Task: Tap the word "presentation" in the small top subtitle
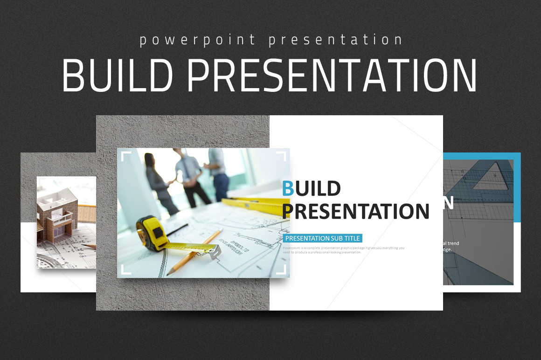pos(335,40)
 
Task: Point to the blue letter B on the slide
pos(288,189)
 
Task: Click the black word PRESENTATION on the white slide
pos(355,211)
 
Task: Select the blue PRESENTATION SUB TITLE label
pos(322,238)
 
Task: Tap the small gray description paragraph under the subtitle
pos(343,250)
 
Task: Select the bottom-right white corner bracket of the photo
pos(281,270)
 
